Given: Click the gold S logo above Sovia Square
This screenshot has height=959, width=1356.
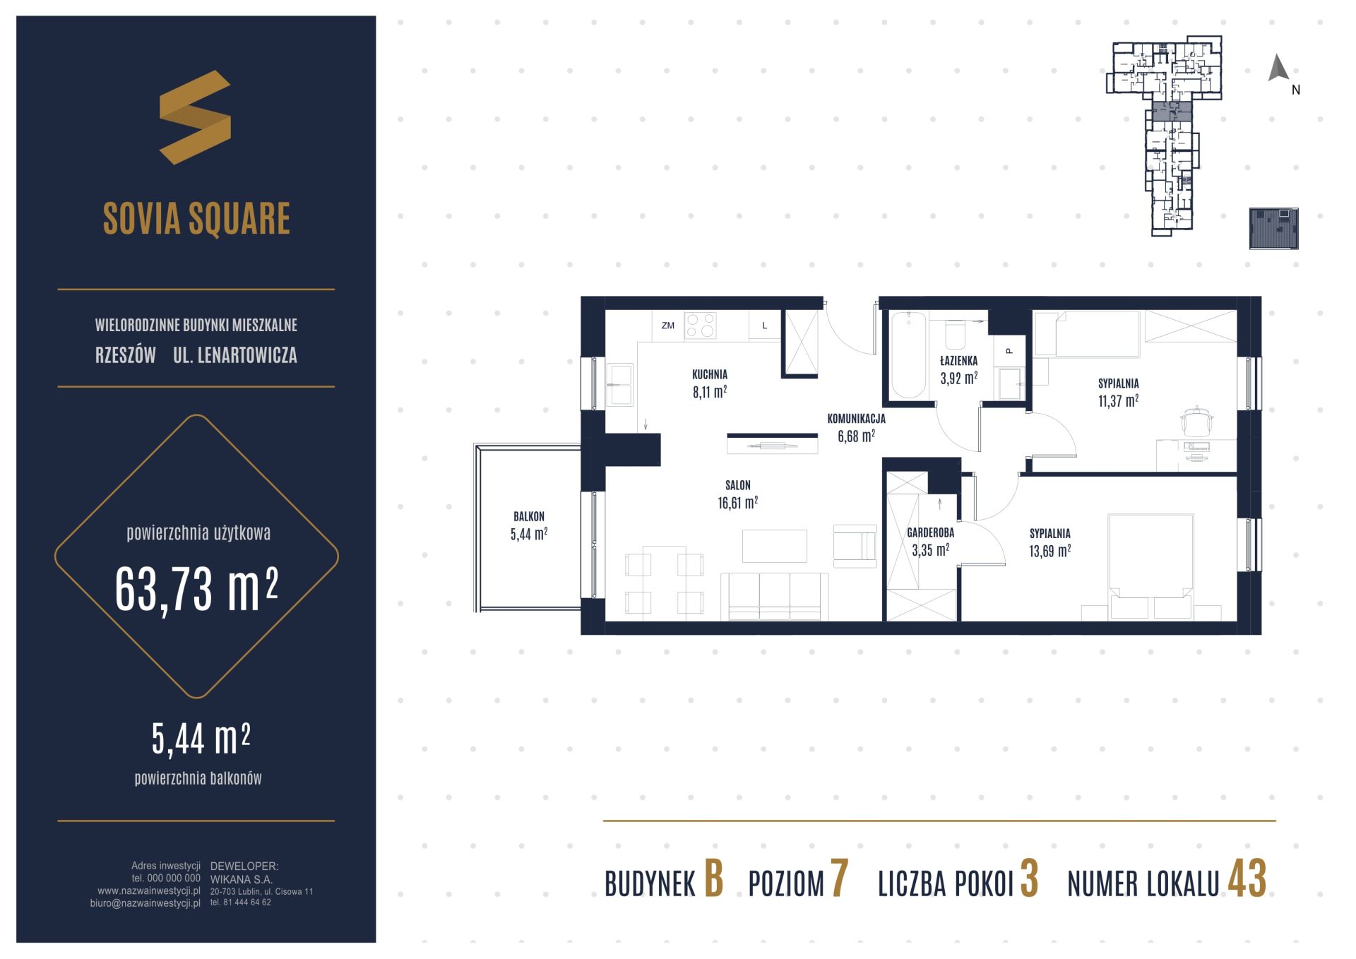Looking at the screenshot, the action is click(x=195, y=117).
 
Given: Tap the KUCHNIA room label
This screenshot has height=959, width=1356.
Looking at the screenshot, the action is click(x=710, y=375).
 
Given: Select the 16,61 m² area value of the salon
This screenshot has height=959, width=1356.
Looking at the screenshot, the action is click(x=737, y=502).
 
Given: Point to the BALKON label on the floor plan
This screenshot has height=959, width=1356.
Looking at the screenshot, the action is click(x=529, y=516).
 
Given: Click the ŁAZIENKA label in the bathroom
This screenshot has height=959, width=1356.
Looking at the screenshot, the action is click(x=958, y=361).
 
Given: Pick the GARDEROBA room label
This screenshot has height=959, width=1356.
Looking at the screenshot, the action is click(x=930, y=533).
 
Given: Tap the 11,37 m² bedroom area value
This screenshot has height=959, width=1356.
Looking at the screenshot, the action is click(x=1118, y=400).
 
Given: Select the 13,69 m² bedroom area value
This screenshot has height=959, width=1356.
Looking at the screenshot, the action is click(x=1049, y=551).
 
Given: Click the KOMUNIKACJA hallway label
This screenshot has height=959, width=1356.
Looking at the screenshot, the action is click(x=856, y=419).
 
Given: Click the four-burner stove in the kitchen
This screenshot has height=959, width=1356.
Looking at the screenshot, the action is click(x=700, y=326).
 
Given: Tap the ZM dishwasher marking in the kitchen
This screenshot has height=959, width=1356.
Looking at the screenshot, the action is click(x=667, y=326).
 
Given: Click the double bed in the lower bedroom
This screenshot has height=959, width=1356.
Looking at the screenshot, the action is click(x=1150, y=567).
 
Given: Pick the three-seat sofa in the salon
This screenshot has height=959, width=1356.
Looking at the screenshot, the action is click(x=775, y=596).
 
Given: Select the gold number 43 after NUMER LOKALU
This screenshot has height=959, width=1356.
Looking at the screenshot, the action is click(x=1247, y=879).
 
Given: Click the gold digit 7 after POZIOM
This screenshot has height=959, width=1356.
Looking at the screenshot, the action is click(x=839, y=879).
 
